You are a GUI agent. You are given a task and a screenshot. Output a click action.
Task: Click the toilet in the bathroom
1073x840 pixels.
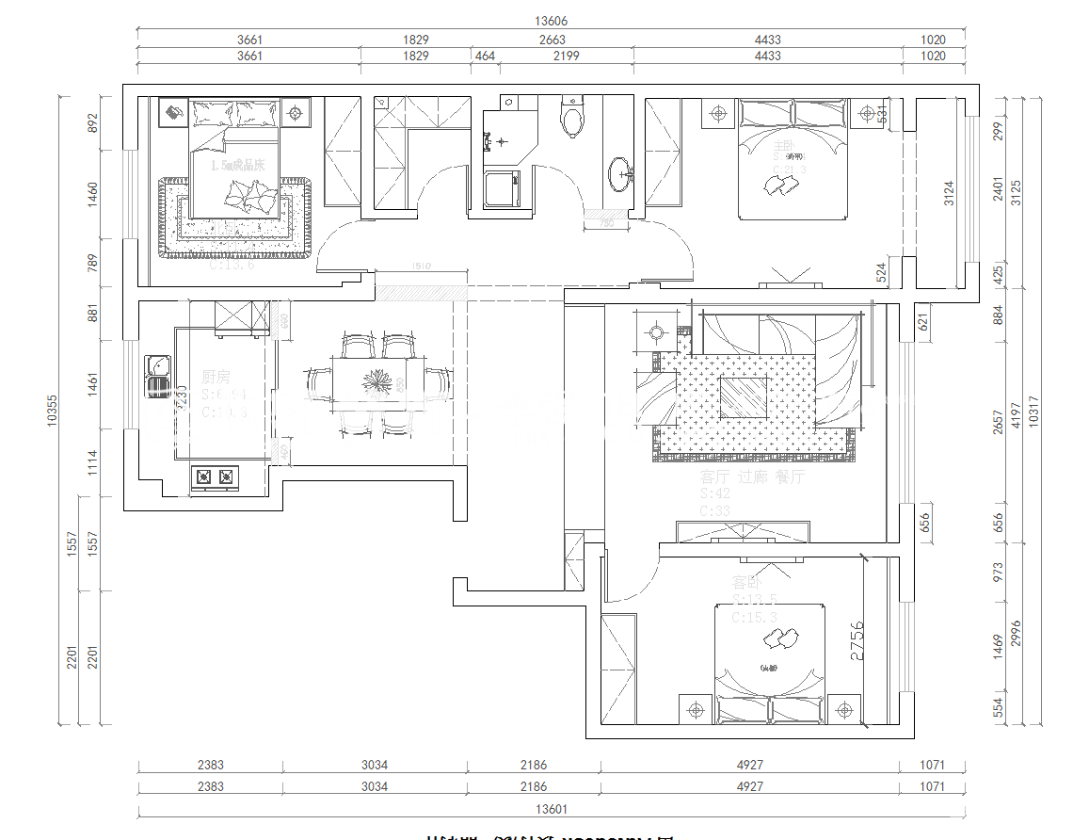[x=571, y=120]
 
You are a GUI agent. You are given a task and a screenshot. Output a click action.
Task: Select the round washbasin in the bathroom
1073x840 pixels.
[x=621, y=173]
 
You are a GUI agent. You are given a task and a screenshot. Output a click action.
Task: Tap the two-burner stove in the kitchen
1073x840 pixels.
[x=214, y=477]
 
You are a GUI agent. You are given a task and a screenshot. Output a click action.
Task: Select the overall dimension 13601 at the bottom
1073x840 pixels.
[x=551, y=808]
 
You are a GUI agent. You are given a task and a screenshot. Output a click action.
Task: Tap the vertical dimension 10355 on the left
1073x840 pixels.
[x=53, y=411]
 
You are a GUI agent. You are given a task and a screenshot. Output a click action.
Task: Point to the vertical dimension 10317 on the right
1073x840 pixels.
[x=1033, y=411]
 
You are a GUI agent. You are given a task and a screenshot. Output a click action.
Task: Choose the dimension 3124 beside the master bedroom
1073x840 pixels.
[x=949, y=193]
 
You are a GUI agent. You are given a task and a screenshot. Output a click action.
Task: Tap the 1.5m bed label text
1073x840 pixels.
[x=237, y=165]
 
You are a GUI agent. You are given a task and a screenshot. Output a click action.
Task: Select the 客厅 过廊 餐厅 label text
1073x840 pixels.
[x=753, y=477]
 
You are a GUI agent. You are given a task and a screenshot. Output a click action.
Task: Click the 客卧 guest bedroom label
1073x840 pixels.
[x=747, y=582]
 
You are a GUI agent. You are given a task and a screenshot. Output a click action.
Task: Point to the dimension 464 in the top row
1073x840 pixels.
[x=485, y=56]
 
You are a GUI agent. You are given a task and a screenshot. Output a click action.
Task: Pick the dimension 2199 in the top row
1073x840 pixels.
[x=566, y=56]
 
